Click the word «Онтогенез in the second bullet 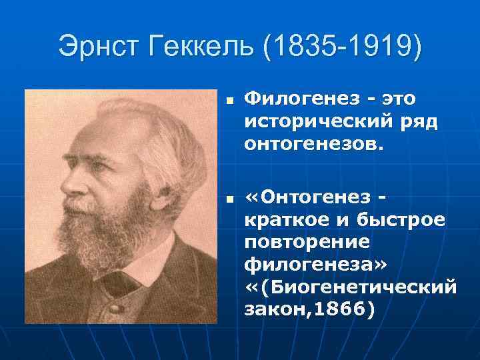(x=307, y=198)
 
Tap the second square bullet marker (x=228, y=199)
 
